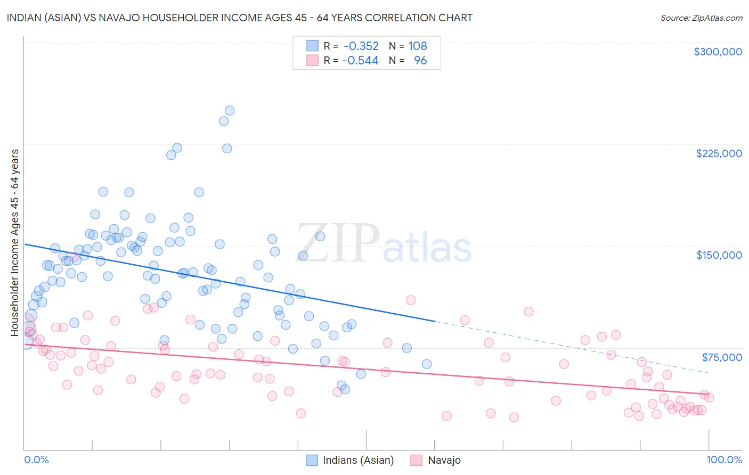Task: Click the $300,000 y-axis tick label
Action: click(718, 52)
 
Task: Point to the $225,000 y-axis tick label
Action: click(719, 153)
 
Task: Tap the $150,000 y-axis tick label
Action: click(719, 255)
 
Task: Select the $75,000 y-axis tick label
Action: click(721, 357)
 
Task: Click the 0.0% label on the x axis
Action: click(37, 460)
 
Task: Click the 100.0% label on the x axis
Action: click(724, 460)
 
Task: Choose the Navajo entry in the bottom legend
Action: click(444, 460)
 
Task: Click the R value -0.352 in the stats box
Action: click(361, 46)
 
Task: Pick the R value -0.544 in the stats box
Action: click(361, 61)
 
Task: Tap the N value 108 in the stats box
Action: click(418, 46)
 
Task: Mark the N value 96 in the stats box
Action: click(420, 61)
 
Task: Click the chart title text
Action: click(240, 18)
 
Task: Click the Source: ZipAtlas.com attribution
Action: click(701, 18)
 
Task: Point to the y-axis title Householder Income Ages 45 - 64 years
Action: click(15, 243)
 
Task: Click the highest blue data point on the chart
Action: click(230, 111)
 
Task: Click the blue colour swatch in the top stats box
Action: click(312, 46)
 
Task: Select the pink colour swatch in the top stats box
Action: click(312, 61)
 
